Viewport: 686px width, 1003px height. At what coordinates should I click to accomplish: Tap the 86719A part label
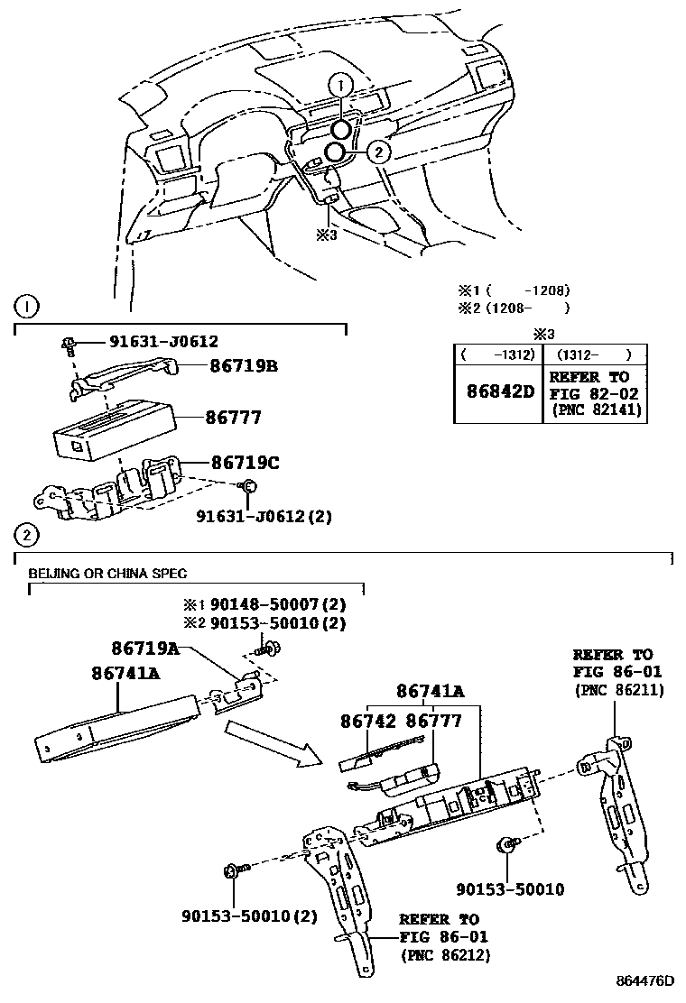point(145,648)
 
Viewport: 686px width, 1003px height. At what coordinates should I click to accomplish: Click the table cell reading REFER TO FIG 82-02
point(593,392)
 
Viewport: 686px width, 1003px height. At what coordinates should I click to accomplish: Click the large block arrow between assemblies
point(270,741)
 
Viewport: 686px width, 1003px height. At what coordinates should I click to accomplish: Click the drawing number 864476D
point(646,981)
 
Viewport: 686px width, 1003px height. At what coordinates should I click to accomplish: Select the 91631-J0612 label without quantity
point(163,341)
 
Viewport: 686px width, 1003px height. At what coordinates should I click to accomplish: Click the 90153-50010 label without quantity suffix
point(510,890)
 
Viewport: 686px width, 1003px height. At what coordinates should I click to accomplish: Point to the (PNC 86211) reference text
point(619,690)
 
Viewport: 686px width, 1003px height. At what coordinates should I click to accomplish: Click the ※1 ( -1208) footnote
point(514,290)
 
